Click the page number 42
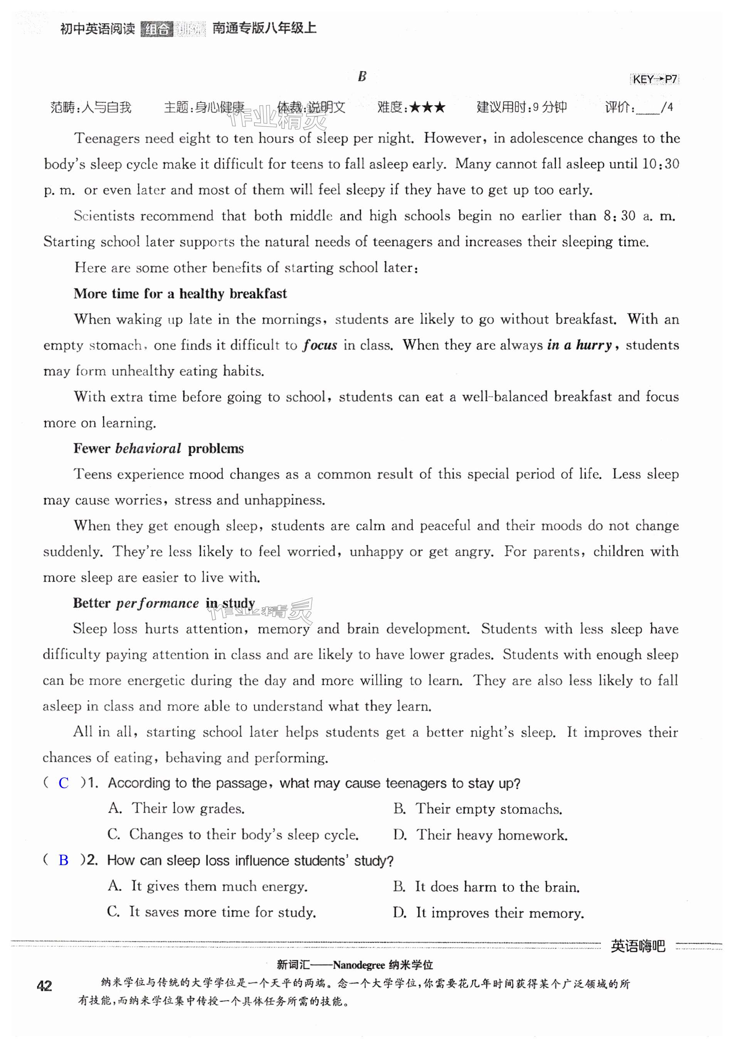(44, 986)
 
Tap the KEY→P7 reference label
(654, 79)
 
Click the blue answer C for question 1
(64, 783)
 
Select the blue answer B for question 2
(64, 860)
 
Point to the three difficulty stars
(427, 108)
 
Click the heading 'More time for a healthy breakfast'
(180, 294)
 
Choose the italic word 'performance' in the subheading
(157, 603)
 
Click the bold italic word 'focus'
(320, 345)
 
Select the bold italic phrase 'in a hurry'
(579, 345)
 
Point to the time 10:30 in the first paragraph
(661, 164)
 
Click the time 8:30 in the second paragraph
(619, 216)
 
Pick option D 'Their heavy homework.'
(480, 835)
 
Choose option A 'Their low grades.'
(177, 809)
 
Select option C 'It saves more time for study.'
(212, 912)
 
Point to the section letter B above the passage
(362, 76)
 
